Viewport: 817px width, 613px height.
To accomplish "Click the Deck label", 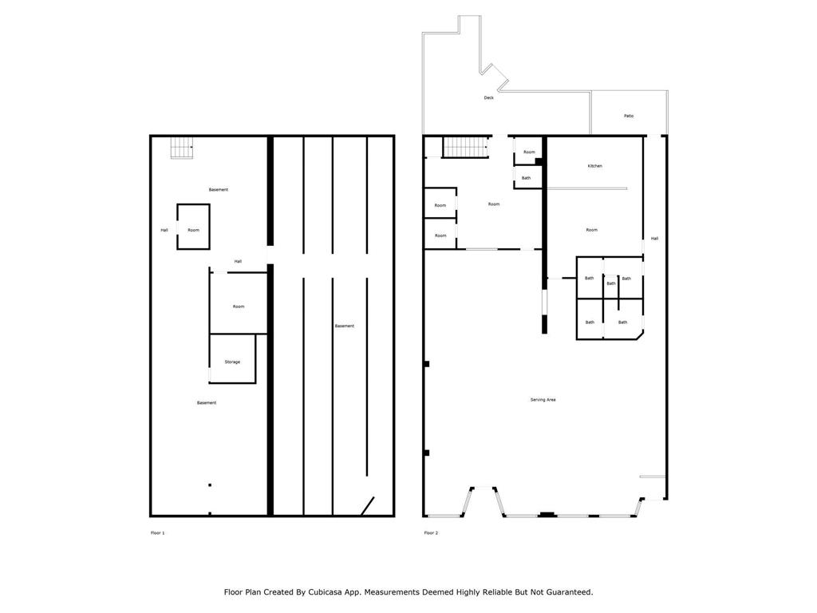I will coord(488,98).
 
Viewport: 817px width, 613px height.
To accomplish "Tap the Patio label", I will coord(629,117).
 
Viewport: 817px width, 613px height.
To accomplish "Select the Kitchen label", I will coord(594,166).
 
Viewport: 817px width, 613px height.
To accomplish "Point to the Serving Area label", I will coord(543,399).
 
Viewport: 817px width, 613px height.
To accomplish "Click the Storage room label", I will coord(232,362).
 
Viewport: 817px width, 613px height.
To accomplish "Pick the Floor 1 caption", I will coord(157,532).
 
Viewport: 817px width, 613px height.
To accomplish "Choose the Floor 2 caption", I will coord(431,532).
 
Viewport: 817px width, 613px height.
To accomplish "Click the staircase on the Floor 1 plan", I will coord(182,148).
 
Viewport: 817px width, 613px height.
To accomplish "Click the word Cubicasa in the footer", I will coord(335,592).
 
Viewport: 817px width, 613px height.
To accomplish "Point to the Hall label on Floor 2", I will coord(654,239).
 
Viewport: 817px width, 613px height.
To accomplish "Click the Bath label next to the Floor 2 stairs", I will coord(526,178).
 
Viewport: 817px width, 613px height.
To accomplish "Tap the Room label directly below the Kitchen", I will coord(591,230).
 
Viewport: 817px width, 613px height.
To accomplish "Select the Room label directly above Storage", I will coord(239,306).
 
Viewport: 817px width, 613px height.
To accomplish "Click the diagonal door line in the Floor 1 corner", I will coord(368,506).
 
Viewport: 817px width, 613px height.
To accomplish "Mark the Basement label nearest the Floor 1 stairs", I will coord(219,190).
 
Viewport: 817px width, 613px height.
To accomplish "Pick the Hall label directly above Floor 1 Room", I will coord(238,262).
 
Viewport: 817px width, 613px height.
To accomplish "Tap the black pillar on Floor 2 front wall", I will coord(547,514).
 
